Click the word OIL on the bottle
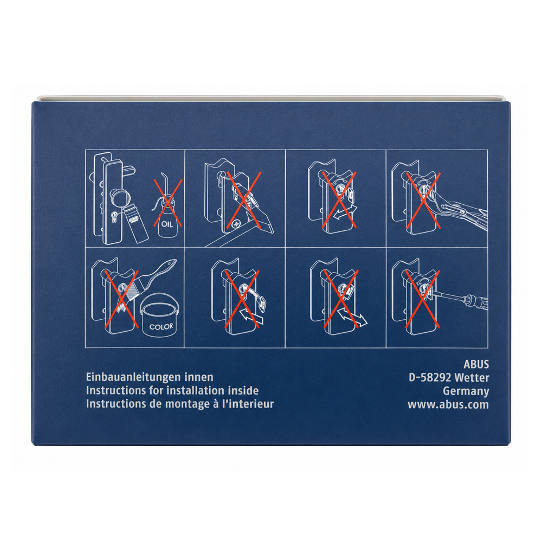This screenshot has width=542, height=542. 167,224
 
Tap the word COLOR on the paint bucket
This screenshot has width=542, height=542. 161,326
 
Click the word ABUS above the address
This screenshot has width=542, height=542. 476,364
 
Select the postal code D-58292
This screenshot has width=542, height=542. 430,377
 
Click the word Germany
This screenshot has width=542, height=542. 466,391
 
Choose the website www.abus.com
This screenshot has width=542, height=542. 448,404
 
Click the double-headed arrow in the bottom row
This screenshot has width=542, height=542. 352,317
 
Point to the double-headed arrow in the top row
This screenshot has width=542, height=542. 346,211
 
